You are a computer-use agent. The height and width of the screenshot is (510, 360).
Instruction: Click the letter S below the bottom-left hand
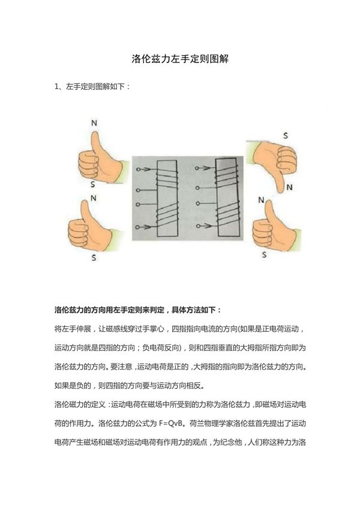coord(92,257)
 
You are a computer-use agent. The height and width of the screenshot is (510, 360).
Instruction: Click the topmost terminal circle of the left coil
coord(139,169)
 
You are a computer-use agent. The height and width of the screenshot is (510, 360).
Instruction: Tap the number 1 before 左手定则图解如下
coord(57,86)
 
